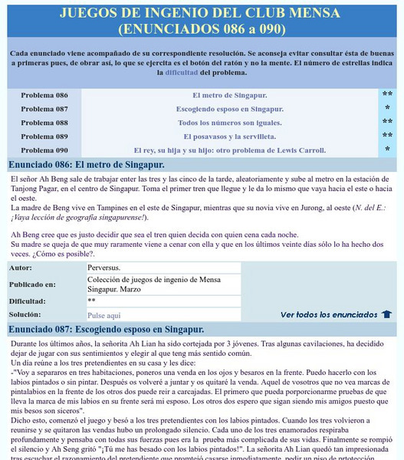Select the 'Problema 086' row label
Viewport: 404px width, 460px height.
pos(44,95)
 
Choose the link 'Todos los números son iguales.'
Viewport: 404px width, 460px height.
pos(230,123)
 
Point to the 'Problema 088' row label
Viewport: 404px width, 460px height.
pos(44,123)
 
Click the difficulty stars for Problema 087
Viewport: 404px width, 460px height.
pos(387,109)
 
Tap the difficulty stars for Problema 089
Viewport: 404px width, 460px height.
pos(387,136)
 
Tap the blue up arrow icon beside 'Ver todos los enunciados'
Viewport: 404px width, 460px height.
pos(387,314)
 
